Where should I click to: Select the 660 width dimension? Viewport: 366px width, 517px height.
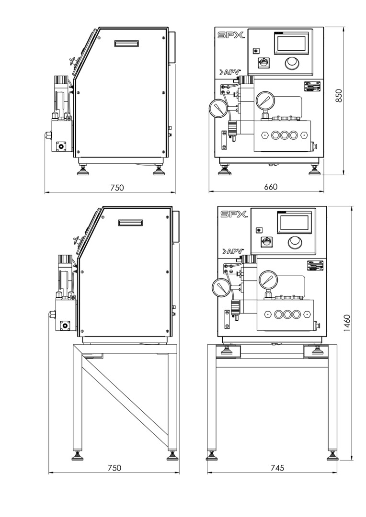270,187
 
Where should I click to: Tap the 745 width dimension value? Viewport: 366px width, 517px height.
276,468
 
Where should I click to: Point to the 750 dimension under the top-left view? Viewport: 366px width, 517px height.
116,188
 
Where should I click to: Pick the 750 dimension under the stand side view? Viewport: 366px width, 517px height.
114,468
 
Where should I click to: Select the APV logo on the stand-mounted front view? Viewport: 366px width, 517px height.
233,251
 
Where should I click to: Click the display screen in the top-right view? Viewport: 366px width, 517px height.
291,44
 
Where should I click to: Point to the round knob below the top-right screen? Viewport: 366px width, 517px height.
291,63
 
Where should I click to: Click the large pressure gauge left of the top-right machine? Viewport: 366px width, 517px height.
218,107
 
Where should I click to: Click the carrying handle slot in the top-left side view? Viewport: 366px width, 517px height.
126,44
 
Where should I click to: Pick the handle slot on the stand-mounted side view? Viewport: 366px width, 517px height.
131,223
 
